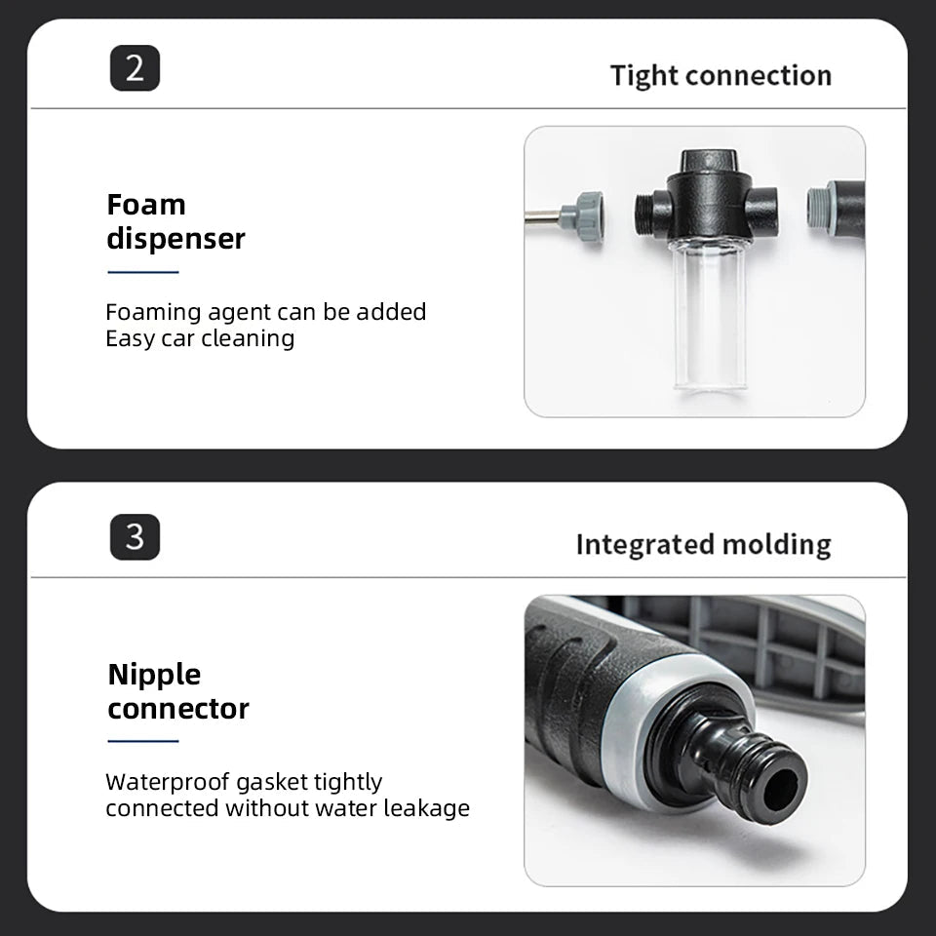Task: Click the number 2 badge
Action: (x=135, y=68)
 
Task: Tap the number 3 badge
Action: (x=135, y=537)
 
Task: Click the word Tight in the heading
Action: (x=644, y=76)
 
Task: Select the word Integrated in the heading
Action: (x=644, y=545)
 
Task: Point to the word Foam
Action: (x=146, y=205)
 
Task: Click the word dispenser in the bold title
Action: (x=176, y=240)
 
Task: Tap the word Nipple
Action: (x=155, y=675)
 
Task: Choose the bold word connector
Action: (x=178, y=709)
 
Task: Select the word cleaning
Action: (x=247, y=339)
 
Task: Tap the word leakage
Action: (x=426, y=809)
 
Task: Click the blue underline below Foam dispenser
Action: (x=143, y=272)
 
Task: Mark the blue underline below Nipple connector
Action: (x=143, y=741)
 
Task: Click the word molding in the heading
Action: (x=776, y=545)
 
